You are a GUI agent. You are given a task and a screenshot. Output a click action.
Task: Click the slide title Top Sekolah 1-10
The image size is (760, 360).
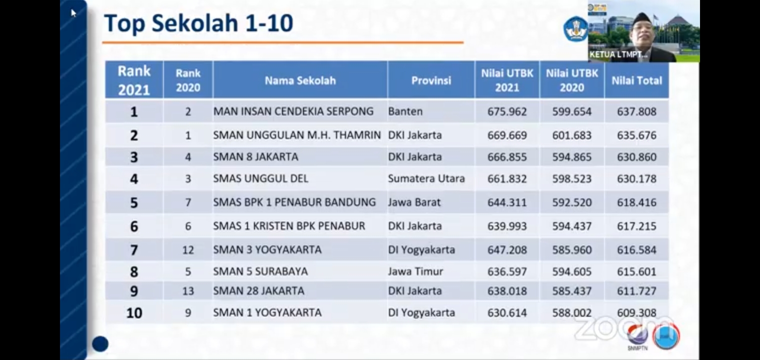(x=198, y=23)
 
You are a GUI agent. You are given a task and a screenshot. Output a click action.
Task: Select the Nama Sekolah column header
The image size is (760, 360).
(x=300, y=80)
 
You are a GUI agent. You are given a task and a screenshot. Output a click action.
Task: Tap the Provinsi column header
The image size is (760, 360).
(x=431, y=80)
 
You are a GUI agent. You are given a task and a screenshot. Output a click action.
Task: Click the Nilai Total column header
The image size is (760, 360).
(x=636, y=80)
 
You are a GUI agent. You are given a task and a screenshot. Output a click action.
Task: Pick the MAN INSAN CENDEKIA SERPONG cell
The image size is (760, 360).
(x=293, y=111)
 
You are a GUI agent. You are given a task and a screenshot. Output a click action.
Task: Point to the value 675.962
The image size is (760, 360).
(x=507, y=111)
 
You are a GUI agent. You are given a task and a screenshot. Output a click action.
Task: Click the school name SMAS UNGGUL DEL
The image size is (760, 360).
(x=260, y=178)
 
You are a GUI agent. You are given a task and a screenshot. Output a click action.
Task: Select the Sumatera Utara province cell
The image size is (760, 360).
(x=426, y=178)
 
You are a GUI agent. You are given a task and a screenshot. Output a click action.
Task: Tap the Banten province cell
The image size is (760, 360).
(x=405, y=111)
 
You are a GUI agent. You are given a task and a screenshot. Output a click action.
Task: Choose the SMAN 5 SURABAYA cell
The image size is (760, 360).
(x=260, y=271)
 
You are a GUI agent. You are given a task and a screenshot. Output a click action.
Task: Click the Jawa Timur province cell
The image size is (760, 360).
(x=415, y=271)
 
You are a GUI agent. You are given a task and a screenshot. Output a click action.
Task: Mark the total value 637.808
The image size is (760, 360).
(x=636, y=111)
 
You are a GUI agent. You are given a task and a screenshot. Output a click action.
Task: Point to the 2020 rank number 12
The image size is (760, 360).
(x=188, y=249)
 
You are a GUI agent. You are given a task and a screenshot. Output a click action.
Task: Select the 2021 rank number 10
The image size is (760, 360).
(x=134, y=313)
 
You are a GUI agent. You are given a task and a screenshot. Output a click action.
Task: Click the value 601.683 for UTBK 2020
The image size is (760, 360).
(x=571, y=135)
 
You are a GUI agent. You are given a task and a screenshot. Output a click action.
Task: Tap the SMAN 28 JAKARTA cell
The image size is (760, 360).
(x=258, y=291)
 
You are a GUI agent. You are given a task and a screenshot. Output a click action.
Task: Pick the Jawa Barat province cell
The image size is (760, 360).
(x=414, y=202)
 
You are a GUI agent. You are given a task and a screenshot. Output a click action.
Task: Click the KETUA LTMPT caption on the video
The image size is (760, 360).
(x=618, y=54)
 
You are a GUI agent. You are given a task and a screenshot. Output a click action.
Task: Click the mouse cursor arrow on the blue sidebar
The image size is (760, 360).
(x=73, y=13)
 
